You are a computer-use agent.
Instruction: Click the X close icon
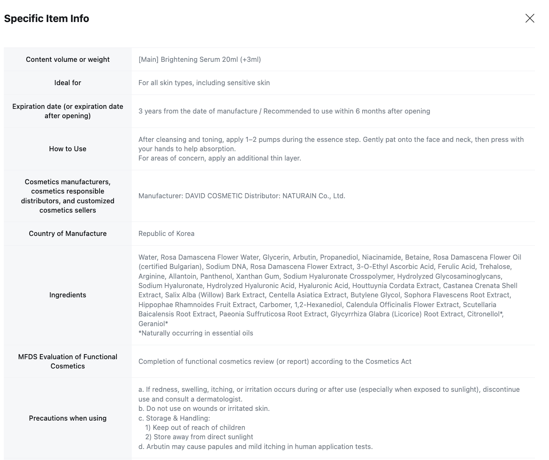pyautogui.click(x=530, y=18)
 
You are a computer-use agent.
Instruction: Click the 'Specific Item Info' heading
pyautogui.click(x=47, y=19)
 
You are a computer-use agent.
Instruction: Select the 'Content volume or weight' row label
pyautogui.click(x=68, y=59)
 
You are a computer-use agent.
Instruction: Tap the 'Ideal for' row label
pyautogui.click(x=68, y=83)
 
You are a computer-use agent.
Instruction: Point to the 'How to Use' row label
pyautogui.click(x=68, y=149)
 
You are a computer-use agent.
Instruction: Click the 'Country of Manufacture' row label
pyautogui.click(x=68, y=233)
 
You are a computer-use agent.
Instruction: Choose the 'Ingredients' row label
pyautogui.click(x=68, y=295)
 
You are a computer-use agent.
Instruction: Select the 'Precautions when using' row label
pyautogui.click(x=68, y=418)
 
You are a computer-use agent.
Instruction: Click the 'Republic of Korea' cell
pyautogui.click(x=166, y=233)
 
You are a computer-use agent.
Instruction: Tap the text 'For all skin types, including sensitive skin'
pyautogui.click(x=204, y=83)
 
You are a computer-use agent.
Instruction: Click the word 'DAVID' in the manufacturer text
pyautogui.click(x=196, y=196)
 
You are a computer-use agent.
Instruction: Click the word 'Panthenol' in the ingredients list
pyautogui.click(x=216, y=276)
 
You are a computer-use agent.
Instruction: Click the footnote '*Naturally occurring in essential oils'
pyautogui.click(x=196, y=333)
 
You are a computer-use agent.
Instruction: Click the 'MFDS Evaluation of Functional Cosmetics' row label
pyautogui.click(x=68, y=361)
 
